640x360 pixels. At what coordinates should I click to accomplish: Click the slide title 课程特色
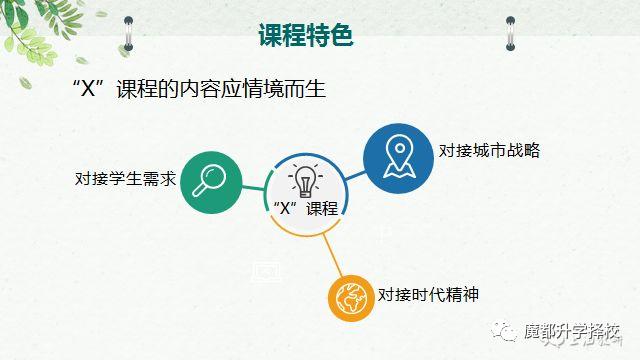tap(305, 37)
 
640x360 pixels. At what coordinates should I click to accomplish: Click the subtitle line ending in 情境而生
tap(201, 89)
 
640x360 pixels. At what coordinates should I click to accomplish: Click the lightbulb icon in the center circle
tap(305, 181)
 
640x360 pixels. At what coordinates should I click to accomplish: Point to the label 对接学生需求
tap(126, 180)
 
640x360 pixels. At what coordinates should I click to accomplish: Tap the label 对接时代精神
tap(427, 295)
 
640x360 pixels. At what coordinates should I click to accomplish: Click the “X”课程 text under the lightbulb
tap(306, 208)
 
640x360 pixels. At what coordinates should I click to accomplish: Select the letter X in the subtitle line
tap(85, 89)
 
